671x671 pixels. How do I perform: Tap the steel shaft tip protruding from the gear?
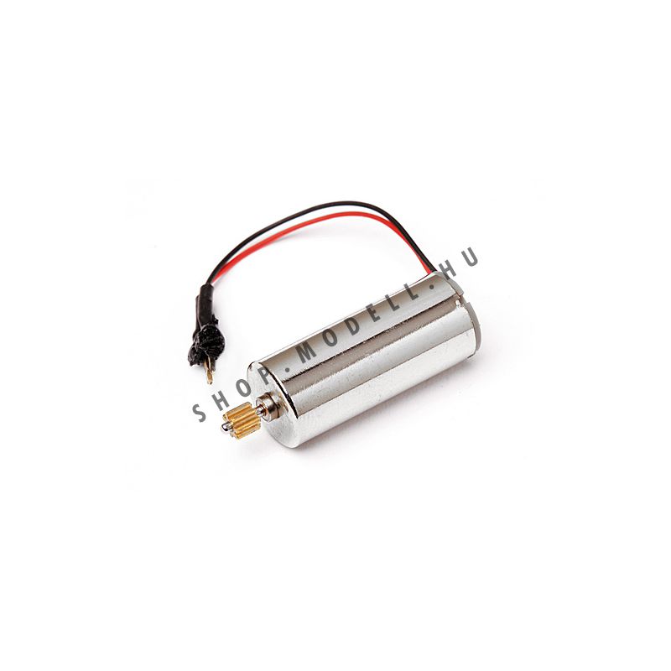click(x=225, y=428)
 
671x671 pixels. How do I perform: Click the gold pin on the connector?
click(x=209, y=372)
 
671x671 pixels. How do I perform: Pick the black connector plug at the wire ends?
click(x=206, y=342)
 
